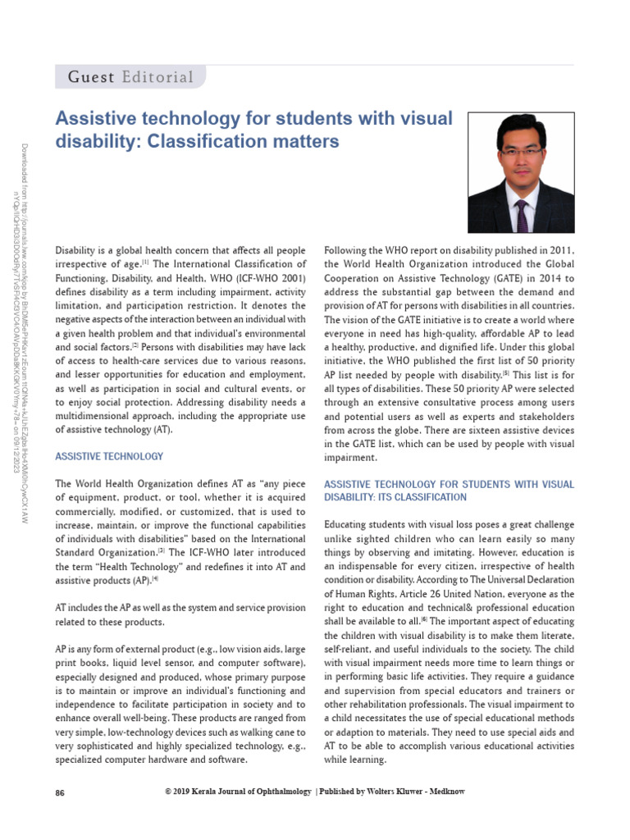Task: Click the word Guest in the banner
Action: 89,78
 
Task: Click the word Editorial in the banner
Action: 157,78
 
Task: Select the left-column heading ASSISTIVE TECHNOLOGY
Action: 109,456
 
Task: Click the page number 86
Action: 60,792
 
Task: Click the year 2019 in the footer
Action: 185,792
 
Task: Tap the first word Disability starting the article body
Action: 78,250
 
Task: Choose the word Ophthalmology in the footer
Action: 275,792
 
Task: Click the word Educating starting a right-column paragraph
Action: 349,524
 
